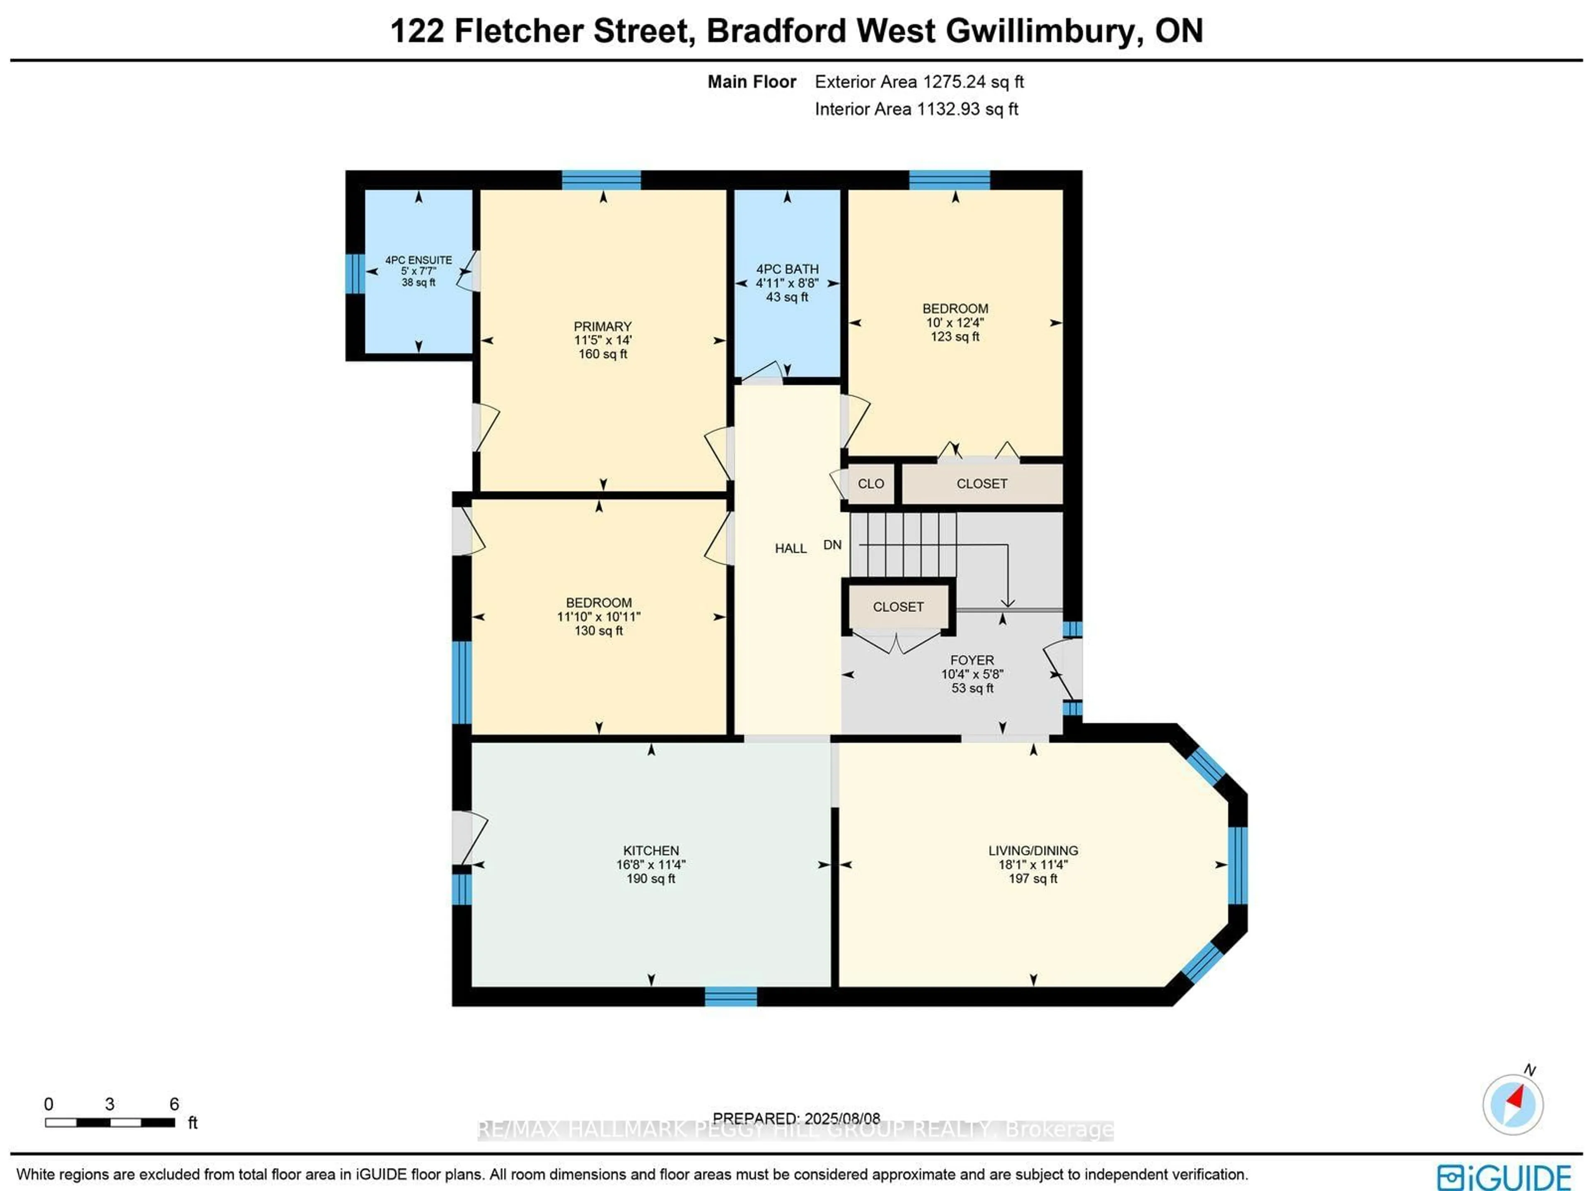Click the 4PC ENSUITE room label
tap(418, 260)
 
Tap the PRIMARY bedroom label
tap(603, 326)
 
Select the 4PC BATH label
tap(787, 269)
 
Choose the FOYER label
tap(972, 660)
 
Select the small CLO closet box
tap(871, 484)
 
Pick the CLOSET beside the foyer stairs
tap(898, 607)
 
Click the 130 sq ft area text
tap(598, 631)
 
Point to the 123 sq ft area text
tap(955, 336)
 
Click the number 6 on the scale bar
tap(174, 1104)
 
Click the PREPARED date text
tap(796, 1119)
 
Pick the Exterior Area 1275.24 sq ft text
tap(919, 82)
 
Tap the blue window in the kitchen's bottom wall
tap(731, 997)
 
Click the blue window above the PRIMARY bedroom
tap(601, 180)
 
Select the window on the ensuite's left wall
tap(355, 273)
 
